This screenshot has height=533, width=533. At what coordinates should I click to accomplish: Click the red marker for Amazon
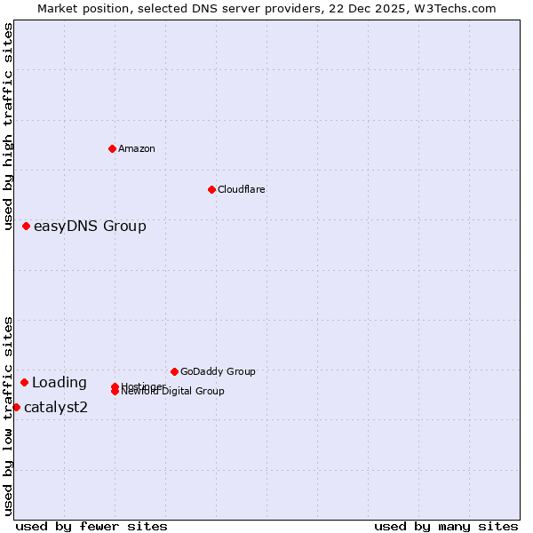[112, 148]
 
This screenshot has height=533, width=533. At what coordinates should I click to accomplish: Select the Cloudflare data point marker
[211, 189]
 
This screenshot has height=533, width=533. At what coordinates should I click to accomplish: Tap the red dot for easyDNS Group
[27, 226]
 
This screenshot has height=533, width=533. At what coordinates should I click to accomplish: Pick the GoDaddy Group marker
[174, 371]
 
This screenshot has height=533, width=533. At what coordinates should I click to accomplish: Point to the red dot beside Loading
[25, 382]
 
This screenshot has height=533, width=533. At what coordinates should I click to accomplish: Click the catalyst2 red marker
[16, 407]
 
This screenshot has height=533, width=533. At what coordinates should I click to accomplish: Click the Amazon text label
[137, 148]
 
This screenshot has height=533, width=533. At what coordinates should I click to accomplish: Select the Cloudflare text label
[242, 189]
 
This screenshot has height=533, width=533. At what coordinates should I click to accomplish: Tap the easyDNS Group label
[90, 226]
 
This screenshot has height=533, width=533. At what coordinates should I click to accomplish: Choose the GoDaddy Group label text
[218, 371]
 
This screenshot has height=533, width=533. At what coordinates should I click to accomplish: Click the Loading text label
[60, 383]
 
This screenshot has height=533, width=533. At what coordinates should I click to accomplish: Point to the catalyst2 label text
[56, 408]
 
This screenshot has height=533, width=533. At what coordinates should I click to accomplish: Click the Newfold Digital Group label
[173, 392]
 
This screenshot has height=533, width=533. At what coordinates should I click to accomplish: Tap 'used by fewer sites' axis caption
[91, 526]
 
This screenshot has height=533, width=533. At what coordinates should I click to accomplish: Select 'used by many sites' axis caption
[446, 526]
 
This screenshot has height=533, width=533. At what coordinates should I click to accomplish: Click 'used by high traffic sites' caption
[8, 126]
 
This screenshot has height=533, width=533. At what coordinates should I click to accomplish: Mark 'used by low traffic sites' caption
[8, 416]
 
